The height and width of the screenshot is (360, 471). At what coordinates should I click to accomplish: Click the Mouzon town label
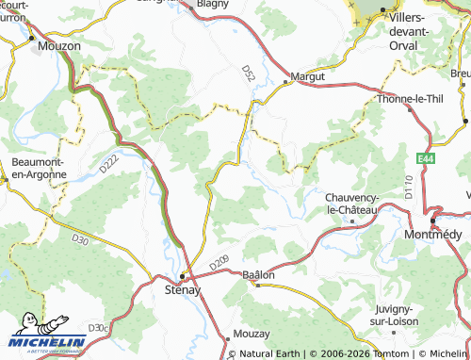pos(58,44)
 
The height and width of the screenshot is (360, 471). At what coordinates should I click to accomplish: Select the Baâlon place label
pos(258,274)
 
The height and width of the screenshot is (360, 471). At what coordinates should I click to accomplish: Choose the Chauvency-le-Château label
pos(351,203)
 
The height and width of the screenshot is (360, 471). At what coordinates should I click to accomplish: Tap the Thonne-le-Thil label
pos(408,98)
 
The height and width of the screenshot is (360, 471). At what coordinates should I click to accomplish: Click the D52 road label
pos(248,71)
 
